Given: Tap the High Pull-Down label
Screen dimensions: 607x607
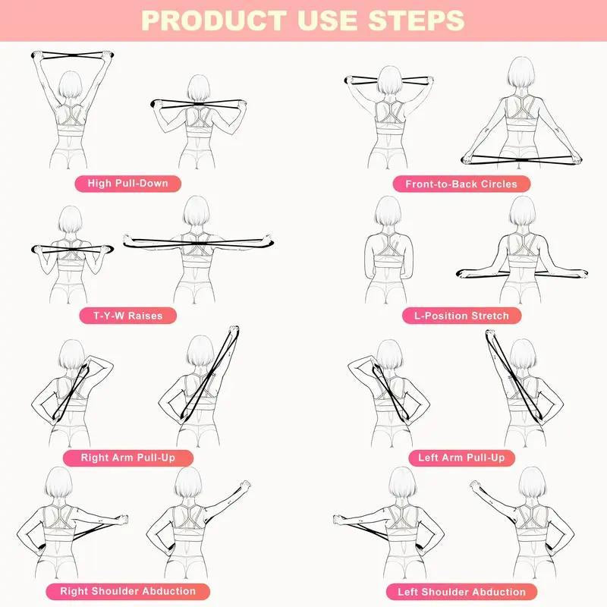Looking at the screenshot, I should tap(127, 183).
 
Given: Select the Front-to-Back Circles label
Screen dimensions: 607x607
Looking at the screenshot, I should tap(461, 184).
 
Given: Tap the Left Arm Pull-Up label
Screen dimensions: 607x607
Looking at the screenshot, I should tap(461, 458).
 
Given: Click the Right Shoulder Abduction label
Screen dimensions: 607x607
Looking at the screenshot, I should tap(128, 590).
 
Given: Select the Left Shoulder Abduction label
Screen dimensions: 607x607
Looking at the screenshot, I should tap(461, 591).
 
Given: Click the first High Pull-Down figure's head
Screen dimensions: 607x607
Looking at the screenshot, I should tap(70, 85).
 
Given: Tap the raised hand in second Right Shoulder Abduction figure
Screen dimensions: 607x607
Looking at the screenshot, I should tap(244, 484).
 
